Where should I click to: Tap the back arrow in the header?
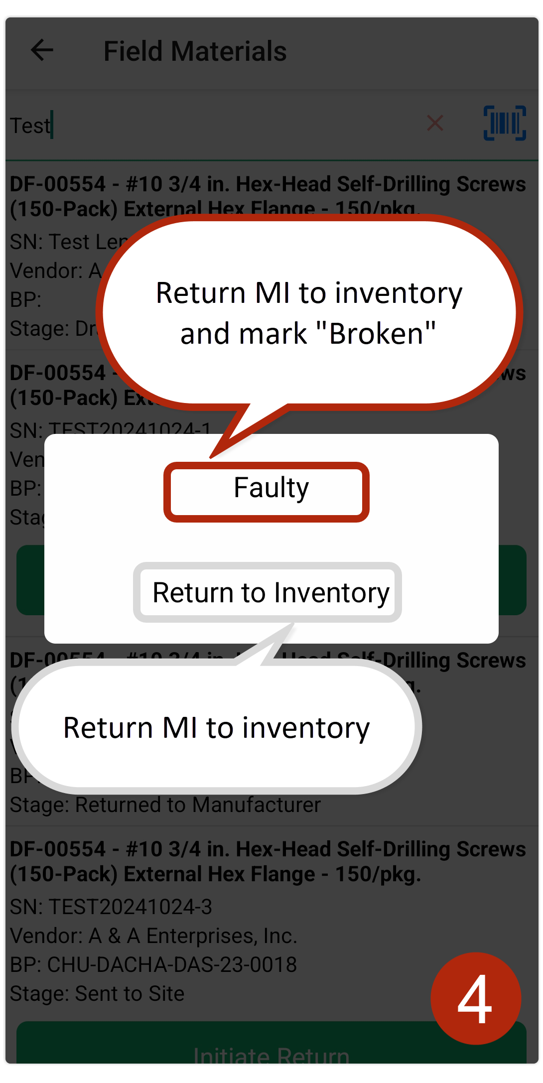tap(42, 50)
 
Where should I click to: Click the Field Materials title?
tap(195, 51)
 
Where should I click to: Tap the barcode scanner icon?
tap(505, 123)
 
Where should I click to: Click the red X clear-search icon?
tap(435, 123)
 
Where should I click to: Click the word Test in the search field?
tap(30, 126)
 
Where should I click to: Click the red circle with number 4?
tap(475, 998)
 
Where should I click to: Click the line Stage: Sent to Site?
tap(97, 993)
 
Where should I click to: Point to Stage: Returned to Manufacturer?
tap(165, 805)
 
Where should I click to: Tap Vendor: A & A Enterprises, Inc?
tap(153, 936)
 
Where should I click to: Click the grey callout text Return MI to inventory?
tap(217, 728)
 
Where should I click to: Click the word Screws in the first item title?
tap(491, 184)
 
